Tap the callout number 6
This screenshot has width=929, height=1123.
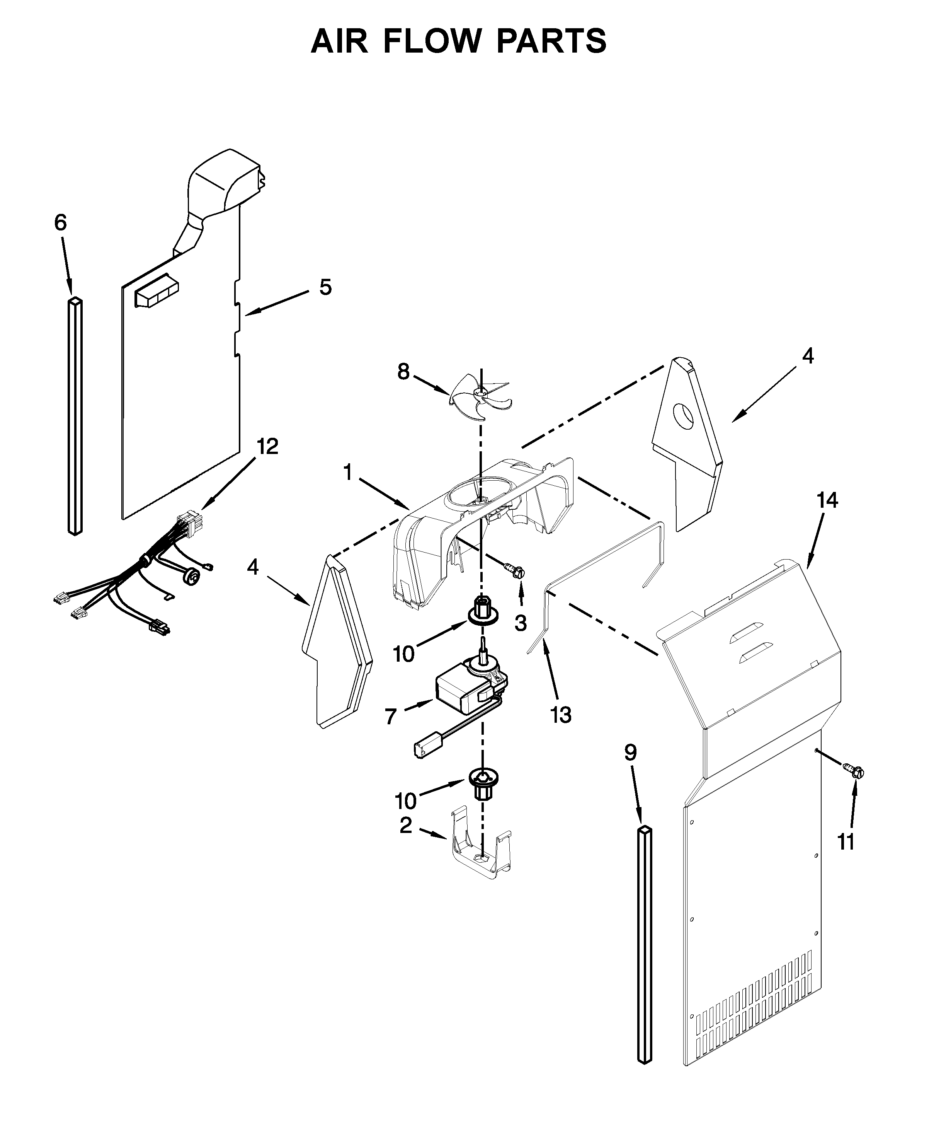coord(60,223)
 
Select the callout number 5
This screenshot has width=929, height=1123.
coord(325,288)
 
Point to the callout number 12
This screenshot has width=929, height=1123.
coord(267,447)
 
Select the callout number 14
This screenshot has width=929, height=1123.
coord(827,500)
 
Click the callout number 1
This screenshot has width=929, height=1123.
coord(348,473)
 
